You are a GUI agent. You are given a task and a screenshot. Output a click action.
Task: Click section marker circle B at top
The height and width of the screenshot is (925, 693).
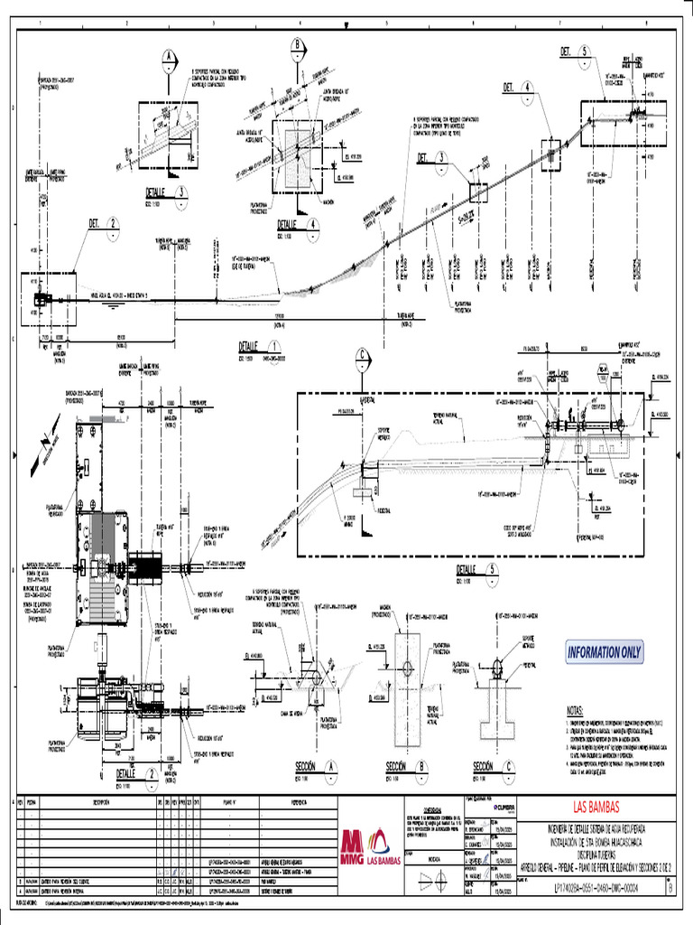(298, 47)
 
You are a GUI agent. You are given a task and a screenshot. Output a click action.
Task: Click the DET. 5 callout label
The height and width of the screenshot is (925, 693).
(574, 52)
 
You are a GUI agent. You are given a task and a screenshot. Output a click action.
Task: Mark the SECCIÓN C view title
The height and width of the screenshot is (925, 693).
(492, 766)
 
